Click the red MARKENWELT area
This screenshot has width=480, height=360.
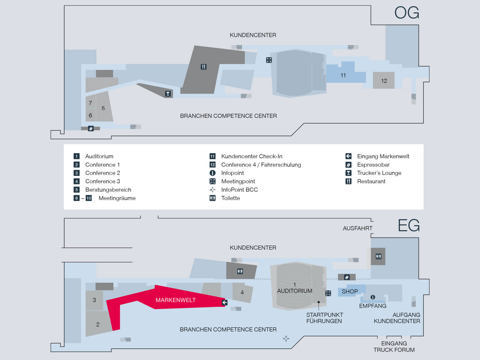(x=175, y=300)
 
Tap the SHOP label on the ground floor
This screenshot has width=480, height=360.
(x=349, y=291)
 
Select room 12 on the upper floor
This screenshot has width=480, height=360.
(x=384, y=81)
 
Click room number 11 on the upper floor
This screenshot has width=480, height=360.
(x=343, y=75)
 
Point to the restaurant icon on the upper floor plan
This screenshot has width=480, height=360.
(x=203, y=67)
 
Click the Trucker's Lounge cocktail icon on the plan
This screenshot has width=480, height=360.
(x=168, y=94)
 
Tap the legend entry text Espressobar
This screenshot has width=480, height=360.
(x=373, y=165)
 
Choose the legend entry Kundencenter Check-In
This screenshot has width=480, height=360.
(x=252, y=156)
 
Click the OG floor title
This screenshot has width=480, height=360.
(x=406, y=13)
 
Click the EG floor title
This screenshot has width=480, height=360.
(x=408, y=226)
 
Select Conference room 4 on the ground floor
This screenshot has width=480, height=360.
(x=242, y=292)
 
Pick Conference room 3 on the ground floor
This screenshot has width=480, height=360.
(x=94, y=300)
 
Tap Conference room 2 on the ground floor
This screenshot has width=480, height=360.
(x=98, y=324)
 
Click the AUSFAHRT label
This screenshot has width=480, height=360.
(x=357, y=228)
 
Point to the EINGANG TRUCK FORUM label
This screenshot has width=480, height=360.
(x=394, y=346)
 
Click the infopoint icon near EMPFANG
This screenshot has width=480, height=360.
(x=373, y=297)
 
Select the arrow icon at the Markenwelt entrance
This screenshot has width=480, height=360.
(x=225, y=302)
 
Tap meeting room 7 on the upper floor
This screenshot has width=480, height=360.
(x=90, y=103)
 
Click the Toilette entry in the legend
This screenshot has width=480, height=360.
(x=230, y=198)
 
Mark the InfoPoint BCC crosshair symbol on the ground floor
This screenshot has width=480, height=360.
(x=286, y=339)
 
